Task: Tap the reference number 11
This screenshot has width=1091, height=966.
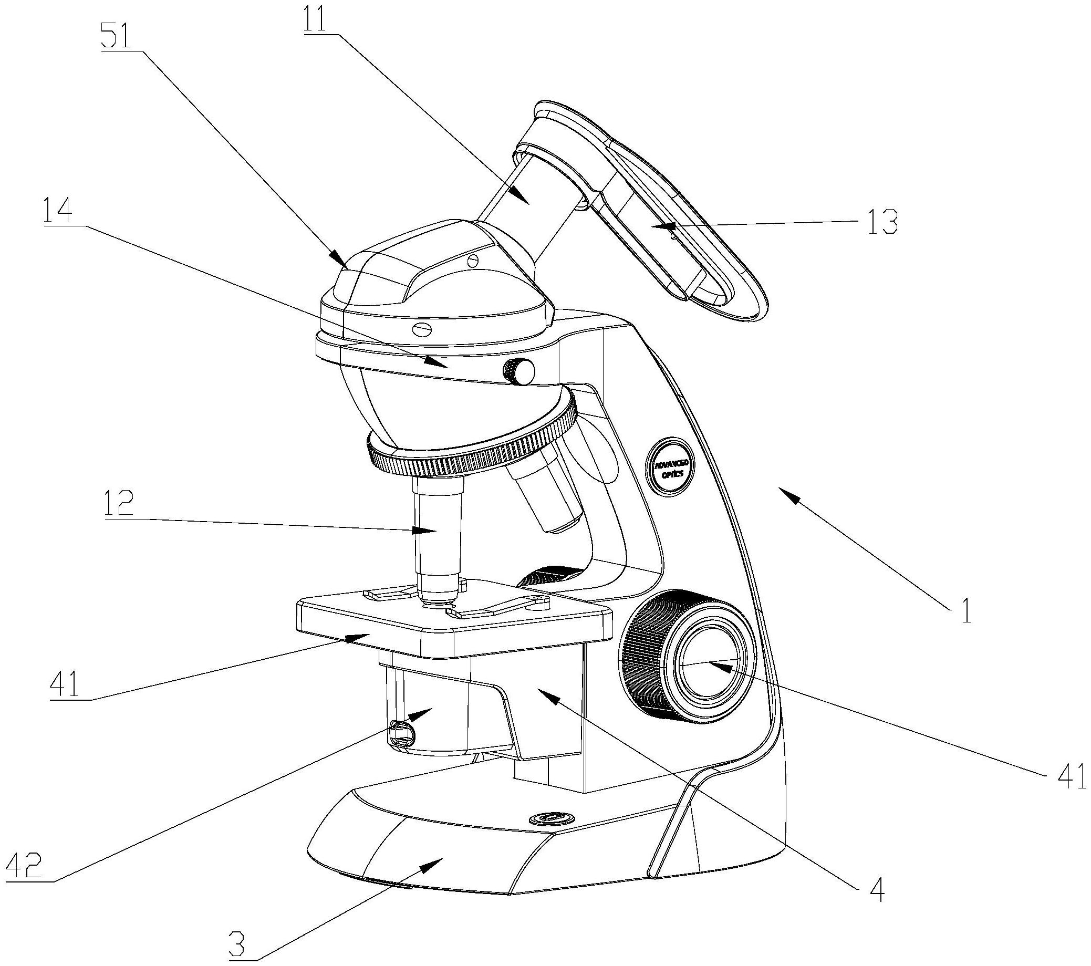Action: click(x=321, y=20)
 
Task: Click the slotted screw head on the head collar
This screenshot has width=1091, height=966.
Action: click(x=422, y=329)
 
